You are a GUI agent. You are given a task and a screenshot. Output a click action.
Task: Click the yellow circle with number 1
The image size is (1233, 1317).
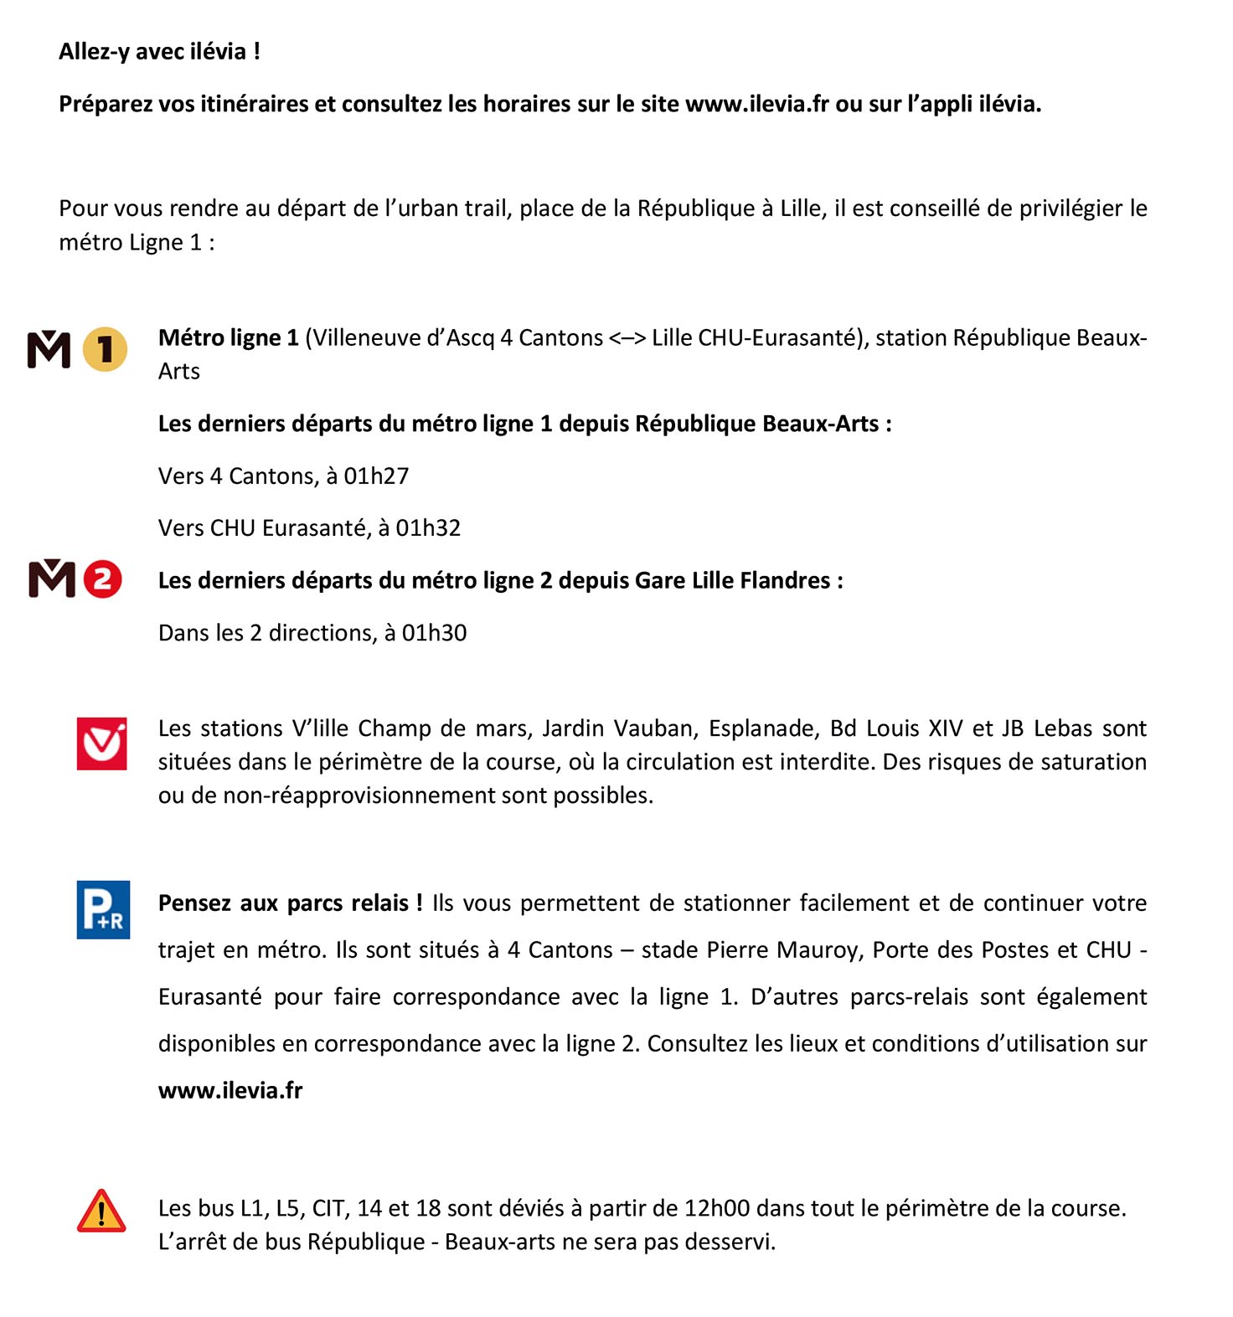point(106,349)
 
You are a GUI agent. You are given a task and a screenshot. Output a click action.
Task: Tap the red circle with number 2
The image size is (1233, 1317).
point(102,579)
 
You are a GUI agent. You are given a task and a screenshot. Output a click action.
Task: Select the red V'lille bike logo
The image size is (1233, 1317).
point(102,743)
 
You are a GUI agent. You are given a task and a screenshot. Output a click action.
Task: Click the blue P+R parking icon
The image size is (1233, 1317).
point(103,909)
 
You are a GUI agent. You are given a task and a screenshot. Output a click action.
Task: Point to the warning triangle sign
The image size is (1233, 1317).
point(101,1212)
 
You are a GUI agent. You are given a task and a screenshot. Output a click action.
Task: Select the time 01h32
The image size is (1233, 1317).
point(428,528)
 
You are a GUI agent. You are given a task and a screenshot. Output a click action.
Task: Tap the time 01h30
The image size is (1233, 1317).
point(434,633)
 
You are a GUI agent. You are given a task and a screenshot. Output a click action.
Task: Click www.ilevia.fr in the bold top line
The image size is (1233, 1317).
point(756,105)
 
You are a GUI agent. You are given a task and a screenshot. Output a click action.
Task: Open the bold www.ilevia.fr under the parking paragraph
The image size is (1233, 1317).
point(230,1090)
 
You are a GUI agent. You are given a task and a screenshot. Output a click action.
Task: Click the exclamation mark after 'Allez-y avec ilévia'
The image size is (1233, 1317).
point(257,52)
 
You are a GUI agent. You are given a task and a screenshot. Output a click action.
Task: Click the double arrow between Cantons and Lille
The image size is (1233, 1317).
point(627,338)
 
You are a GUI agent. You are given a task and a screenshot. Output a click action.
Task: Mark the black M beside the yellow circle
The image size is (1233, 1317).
point(49,349)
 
